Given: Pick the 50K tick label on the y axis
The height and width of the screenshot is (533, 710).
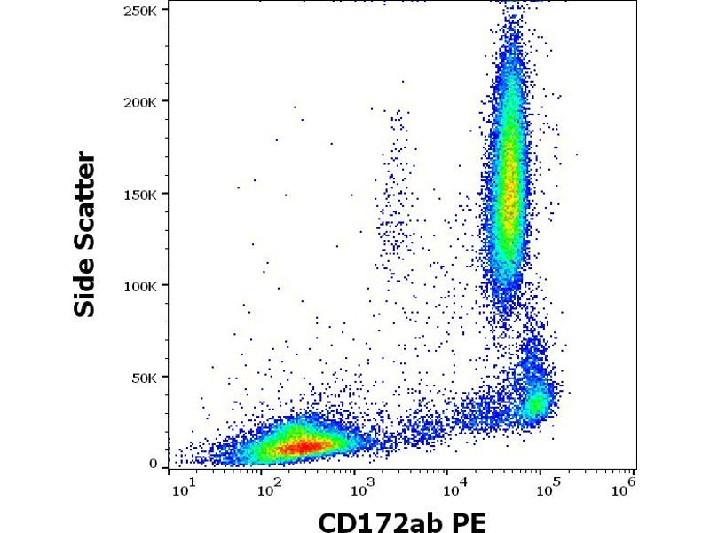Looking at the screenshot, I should point(146,378).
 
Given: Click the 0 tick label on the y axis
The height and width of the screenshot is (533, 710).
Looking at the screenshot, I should point(154,464).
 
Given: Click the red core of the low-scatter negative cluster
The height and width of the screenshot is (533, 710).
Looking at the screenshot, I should point(297,446).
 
